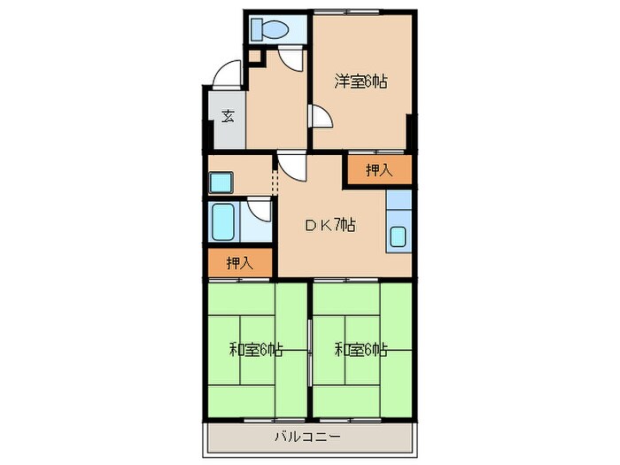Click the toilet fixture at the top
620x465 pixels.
(268, 30)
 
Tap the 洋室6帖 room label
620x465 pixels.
(361, 82)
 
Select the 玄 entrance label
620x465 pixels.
(228, 116)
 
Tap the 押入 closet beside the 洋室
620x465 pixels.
(378, 170)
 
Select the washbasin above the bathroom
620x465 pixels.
(219, 182)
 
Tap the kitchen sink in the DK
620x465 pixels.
(399, 237)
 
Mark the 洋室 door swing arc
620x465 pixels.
(321, 116)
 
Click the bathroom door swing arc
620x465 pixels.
(260, 211)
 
